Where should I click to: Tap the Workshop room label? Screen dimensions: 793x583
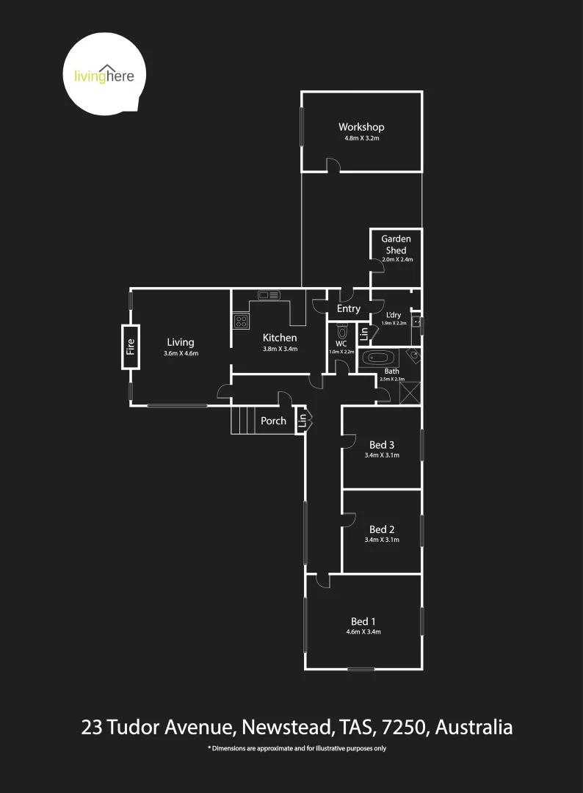click(361, 127)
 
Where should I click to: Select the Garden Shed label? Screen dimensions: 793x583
click(396, 245)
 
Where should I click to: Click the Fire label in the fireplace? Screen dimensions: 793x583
click(131, 347)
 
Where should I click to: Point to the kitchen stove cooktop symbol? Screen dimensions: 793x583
click(241, 320)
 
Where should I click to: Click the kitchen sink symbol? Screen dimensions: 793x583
click(269, 295)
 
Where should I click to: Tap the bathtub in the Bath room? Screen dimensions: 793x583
click(379, 359)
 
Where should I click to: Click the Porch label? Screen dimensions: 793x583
click(273, 421)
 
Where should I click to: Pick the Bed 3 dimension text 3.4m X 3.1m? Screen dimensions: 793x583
click(382, 455)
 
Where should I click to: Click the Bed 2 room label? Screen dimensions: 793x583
click(382, 529)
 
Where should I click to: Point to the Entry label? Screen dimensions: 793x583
click(349, 309)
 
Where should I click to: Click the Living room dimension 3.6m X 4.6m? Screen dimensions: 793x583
click(181, 353)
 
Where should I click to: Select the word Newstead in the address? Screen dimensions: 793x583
click(286, 728)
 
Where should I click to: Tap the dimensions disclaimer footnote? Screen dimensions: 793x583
click(297, 749)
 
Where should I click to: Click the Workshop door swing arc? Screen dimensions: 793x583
click(333, 164)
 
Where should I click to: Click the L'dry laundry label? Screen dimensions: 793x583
click(392, 315)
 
